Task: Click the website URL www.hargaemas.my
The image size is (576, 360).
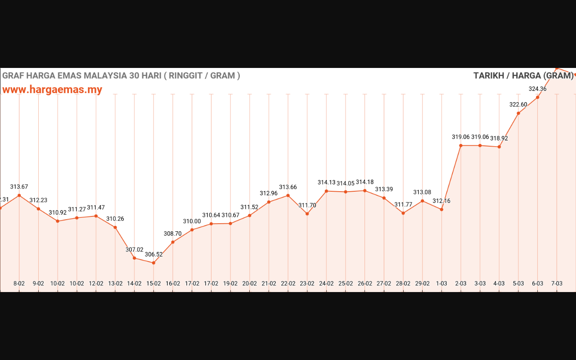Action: [x=52, y=90]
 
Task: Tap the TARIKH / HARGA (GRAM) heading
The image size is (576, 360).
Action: [x=523, y=76]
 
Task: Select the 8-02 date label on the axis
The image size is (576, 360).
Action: [x=19, y=283]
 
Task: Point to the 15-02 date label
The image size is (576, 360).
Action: [x=153, y=283]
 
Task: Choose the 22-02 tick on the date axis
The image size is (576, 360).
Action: [x=288, y=283]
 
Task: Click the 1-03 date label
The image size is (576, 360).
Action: [x=441, y=283]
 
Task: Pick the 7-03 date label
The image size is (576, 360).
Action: [x=557, y=283]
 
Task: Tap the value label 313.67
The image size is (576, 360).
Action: [x=19, y=187]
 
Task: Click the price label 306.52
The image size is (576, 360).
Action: [x=153, y=254]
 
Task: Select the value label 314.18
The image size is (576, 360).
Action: [x=364, y=182]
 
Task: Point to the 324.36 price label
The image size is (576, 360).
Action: [x=537, y=89]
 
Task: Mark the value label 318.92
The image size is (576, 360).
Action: [x=499, y=139]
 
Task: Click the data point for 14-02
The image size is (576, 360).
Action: [x=135, y=258]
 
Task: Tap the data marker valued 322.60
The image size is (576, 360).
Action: [x=518, y=113]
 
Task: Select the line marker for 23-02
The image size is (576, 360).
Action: [x=307, y=214]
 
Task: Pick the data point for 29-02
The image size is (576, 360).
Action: [x=422, y=201]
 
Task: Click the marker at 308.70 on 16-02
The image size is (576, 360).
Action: [x=173, y=242]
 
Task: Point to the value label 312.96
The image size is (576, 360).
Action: [x=269, y=193]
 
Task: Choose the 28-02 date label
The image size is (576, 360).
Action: [x=403, y=283]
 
